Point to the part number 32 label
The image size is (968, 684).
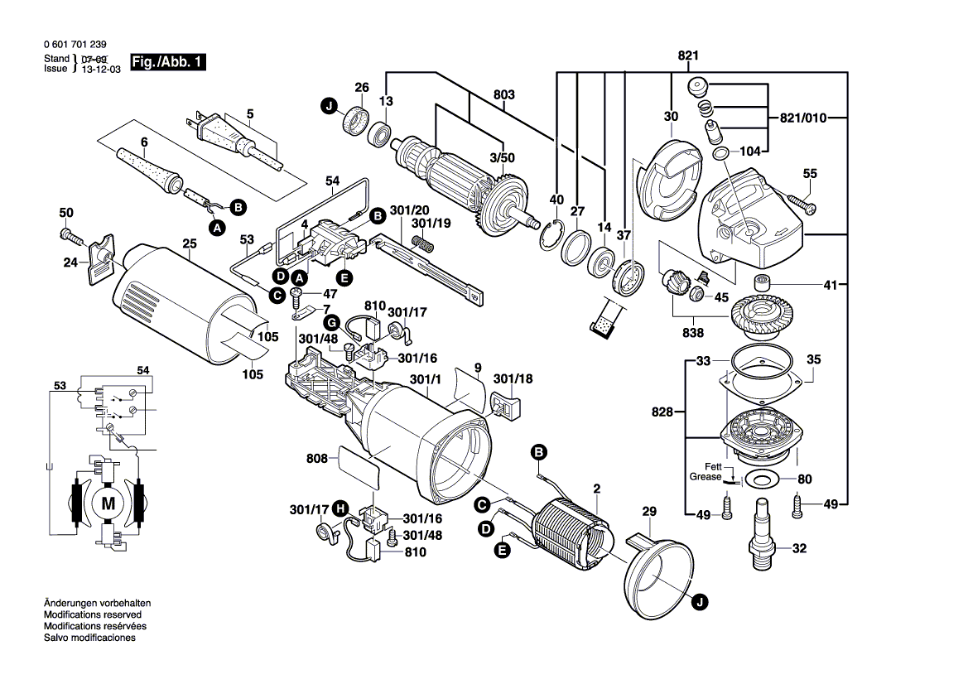pos(799,547)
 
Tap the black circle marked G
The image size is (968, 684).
pos(330,321)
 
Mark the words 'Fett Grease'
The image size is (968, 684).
pos(706,472)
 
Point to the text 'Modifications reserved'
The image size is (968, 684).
pos(92,615)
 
